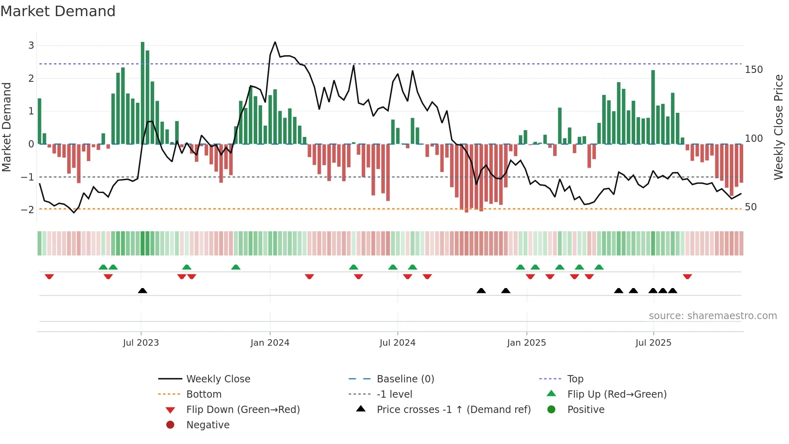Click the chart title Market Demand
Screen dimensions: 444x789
click(58, 11)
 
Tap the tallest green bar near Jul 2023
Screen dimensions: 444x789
click(143, 93)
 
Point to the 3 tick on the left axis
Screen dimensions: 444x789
click(31, 46)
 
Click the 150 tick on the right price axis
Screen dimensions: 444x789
click(754, 70)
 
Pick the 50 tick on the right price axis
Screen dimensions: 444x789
click(751, 207)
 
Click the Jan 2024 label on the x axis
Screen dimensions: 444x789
click(270, 343)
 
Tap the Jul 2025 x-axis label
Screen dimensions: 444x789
click(653, 343)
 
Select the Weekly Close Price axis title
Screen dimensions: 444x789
click(779, 127)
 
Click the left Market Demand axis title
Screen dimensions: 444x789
click(6, 127)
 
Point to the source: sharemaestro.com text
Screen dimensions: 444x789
click(713, 316)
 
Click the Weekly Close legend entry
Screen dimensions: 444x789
click(218, 379)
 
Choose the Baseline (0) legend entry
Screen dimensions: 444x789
click(405, 379)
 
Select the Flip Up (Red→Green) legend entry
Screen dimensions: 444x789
click(617, 394)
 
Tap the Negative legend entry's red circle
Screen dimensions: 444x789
click(170, 425)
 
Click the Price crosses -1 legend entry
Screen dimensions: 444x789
click(453, 410)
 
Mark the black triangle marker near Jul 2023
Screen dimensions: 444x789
click(143, 290)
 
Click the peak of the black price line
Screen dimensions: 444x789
click(275, 42)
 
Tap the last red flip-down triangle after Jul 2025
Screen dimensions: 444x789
click(687, 276)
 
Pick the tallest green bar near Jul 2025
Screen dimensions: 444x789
click(653, 107)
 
